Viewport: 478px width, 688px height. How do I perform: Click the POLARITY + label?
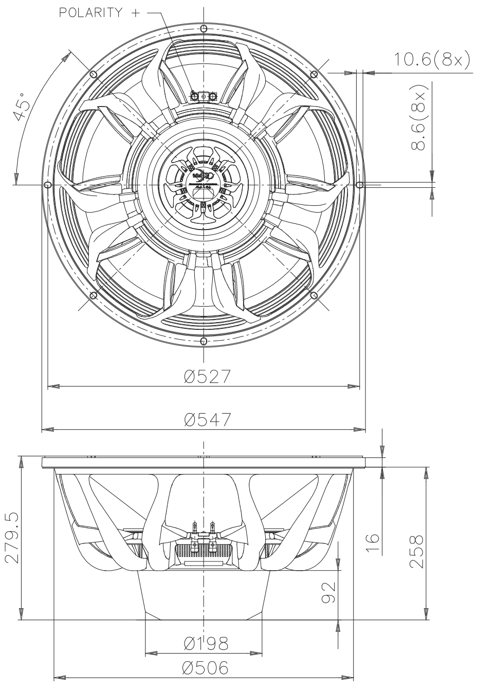coord(100,13)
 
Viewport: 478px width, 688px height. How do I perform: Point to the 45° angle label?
coord(23,107)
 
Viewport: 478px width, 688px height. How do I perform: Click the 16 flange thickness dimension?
coord(373,541)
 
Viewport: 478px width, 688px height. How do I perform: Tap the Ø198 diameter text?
coord(206,643)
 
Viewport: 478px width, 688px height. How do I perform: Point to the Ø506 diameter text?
coord(206,668)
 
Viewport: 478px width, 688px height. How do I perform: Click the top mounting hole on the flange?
coord(204,28)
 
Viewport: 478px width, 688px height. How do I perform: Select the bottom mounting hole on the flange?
coord(204,341)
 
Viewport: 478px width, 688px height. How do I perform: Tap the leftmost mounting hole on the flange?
coord(47,184)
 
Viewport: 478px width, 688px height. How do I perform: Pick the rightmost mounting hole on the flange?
coord(360,184)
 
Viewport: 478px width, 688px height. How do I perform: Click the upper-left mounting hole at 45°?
coord(93,74)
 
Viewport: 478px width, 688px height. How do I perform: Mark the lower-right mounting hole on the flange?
coord(314,295)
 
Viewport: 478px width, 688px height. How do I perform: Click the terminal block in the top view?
coord(204,96)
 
